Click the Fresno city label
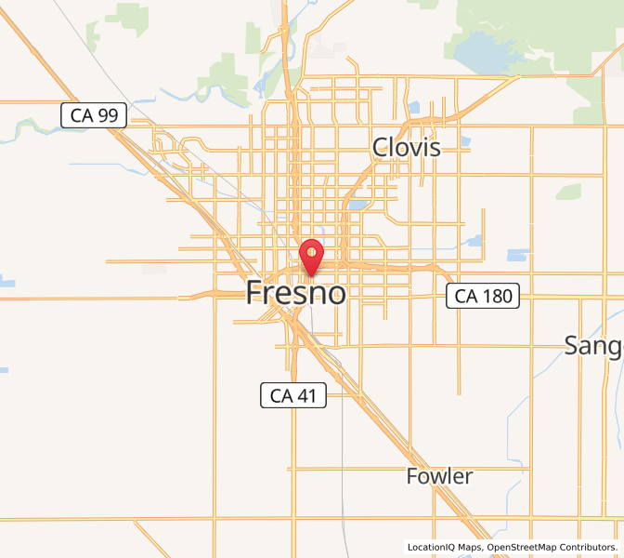[296, 293]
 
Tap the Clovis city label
[406, 147]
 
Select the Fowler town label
[439, 477]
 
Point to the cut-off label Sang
[593, 345]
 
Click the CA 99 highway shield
[94, 115]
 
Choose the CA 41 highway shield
[293, 396]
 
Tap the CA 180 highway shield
[482, 297]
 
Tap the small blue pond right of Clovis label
[463, 142]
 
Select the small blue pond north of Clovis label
[412, 107]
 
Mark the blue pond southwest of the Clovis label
[357, 205]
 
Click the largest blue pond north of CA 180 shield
[517, 255]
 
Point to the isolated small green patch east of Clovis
[567, 192]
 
